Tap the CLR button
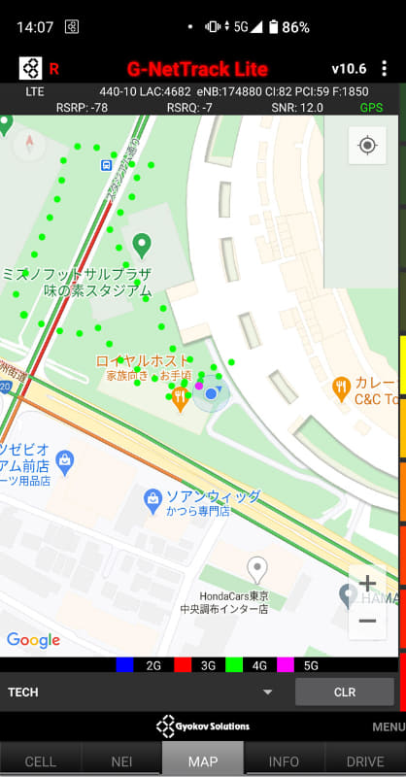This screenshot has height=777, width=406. [345, 692]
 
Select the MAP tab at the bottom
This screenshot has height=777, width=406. [203, 761]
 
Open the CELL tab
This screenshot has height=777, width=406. [40, 761]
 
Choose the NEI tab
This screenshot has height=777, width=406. [121, 761]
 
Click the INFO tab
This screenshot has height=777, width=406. [284, 761]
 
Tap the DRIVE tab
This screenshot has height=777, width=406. [365, 761]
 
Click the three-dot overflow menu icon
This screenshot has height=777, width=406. [385, 68]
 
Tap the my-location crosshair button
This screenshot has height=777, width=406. [367, 146]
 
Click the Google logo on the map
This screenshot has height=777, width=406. [33, 640]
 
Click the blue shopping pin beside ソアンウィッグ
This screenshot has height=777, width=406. [152, 500]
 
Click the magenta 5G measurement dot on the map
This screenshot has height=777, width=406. [199, 386]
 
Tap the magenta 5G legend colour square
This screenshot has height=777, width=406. [285, 665]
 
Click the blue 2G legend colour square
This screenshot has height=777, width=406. [124, 665]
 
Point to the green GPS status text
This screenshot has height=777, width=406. [371, 107]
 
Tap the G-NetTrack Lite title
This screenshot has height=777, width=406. [197, 68]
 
